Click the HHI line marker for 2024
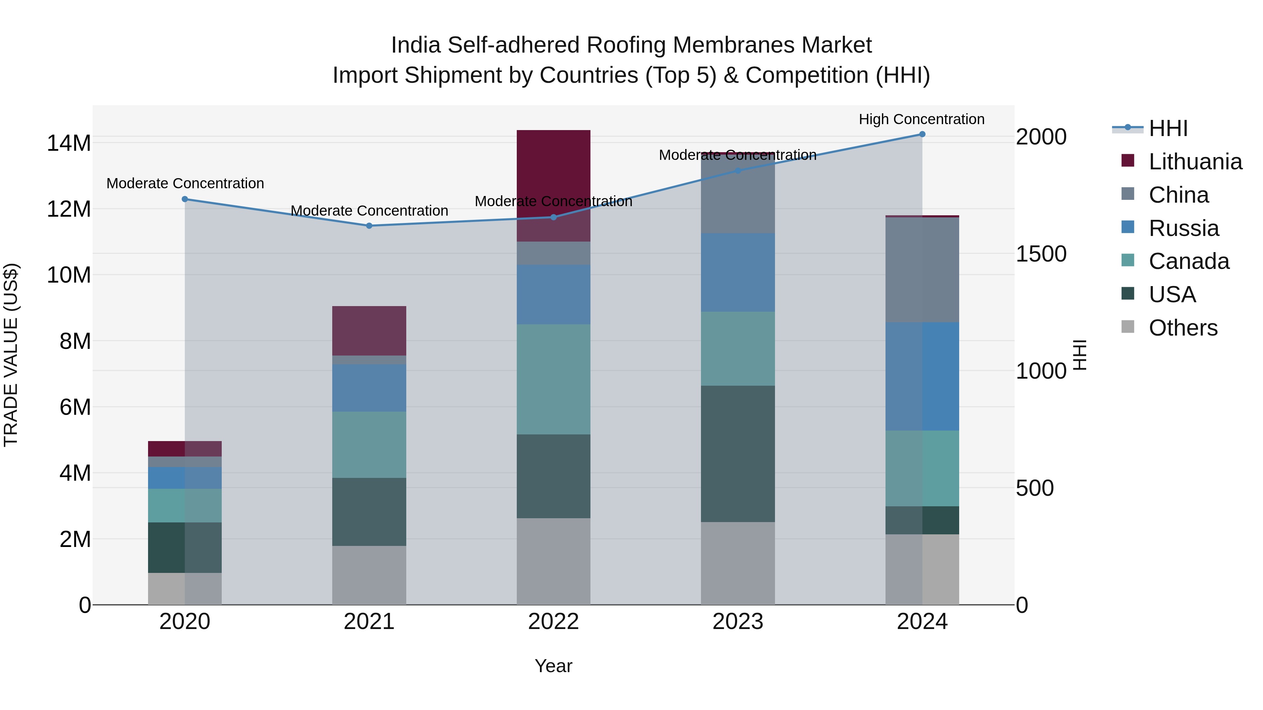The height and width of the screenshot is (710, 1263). (x=922, y=134)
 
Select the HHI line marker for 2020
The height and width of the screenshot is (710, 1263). (x=185, y=199)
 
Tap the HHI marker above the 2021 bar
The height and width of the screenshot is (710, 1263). (x=369, y=226)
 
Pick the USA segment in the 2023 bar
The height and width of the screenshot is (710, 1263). (x=737, y=453)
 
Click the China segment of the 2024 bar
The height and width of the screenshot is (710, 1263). (x=922, y=270)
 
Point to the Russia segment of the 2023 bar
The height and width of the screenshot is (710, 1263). (x=737, y=272)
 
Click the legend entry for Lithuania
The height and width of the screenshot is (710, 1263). (x=1195, y=162)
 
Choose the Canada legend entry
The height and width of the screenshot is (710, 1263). (x=1189, y=261)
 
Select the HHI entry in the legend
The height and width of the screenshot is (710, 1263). (x=1168, y=128)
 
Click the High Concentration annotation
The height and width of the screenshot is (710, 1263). (x=921, y=119)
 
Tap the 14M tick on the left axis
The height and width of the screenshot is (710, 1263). (x=69, y=143)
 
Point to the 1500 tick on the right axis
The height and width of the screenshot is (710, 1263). (x=1041, y=254)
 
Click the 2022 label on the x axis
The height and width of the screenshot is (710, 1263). (x=554, y=622)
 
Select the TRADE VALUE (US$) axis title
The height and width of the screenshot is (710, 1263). (x=11, y=355)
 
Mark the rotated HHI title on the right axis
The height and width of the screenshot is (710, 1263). (x=1080, y=355)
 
